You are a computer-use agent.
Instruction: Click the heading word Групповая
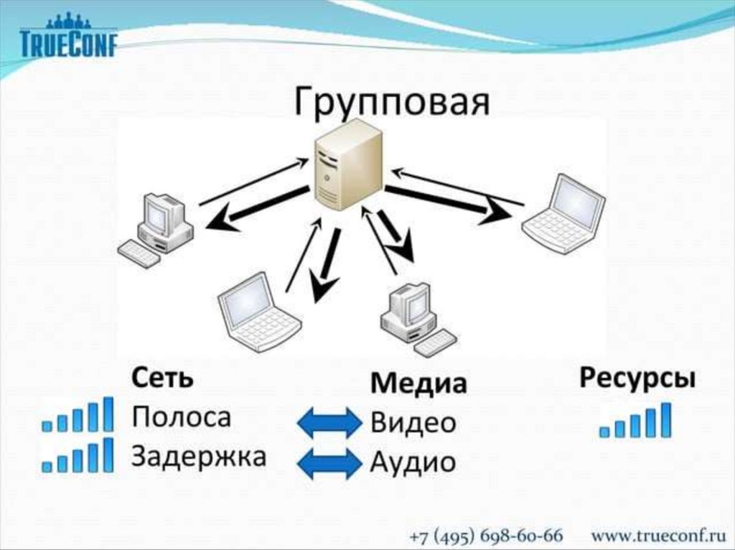(392, 102)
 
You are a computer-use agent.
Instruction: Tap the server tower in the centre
(348, 165)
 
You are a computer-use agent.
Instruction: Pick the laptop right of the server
(564, 213)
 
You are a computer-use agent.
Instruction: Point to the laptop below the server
(258, 312)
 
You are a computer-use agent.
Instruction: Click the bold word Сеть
(162, 378)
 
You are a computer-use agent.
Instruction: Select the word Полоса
(182, 417)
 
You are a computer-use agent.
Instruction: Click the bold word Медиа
(418, 383)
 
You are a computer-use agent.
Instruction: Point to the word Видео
(413, 423)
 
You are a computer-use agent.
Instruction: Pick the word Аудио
(413, 462)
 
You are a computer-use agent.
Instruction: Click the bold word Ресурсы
(637, 378)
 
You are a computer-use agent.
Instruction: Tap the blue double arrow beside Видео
(329, 423)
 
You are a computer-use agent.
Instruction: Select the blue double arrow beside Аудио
(329, 463)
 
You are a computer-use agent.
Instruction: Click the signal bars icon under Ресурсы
(635, 421)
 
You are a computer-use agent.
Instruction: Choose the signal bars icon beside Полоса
(78, 415)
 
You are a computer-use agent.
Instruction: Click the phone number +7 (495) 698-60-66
(486, 536)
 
